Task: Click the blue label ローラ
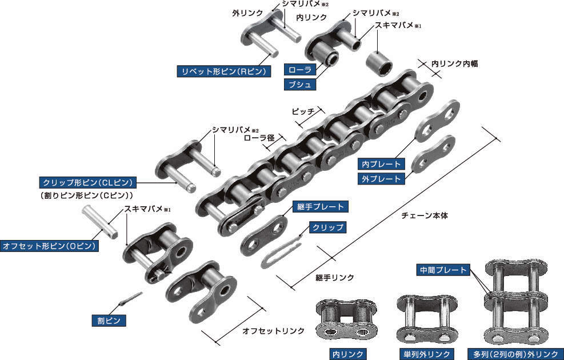[x=300, y=70]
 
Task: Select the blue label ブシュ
[x=300, y=85]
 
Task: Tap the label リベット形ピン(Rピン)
[x=224, y=71]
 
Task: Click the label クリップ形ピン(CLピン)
[x=88, y=182]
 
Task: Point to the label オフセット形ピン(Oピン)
[x=49, y=246]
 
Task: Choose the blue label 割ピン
[x=109, y=321]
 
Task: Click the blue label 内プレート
[x=381, y=164]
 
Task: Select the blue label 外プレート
[x=381, y=179]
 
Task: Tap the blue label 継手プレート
[x=321, y=207]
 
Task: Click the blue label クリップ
[x=327, y=227]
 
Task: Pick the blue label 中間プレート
[x=443, y=270]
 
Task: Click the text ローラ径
[x=259, y=138]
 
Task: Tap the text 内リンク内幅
[x=455, y=63]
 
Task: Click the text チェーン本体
[x=425, y=216]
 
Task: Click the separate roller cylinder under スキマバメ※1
[x=379, y=63]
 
